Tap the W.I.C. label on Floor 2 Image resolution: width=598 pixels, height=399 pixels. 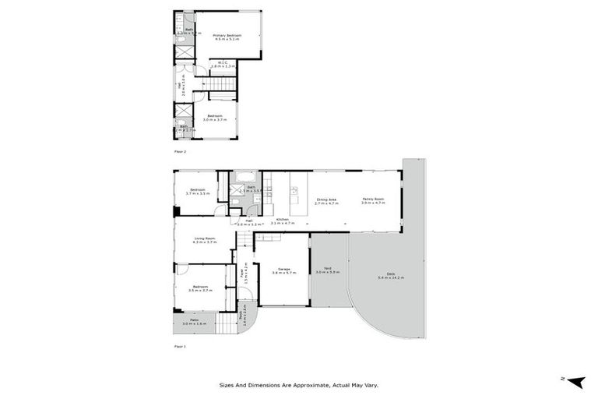click(x=222, y=65)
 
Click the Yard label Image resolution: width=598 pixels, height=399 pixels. click(x=328, y=270)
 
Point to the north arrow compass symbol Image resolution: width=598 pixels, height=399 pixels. click(x=575, y=381)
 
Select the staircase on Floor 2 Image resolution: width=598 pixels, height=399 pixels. click(x=223, y=85)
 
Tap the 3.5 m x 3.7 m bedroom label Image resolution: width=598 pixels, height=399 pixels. click(x=200, y=288)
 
